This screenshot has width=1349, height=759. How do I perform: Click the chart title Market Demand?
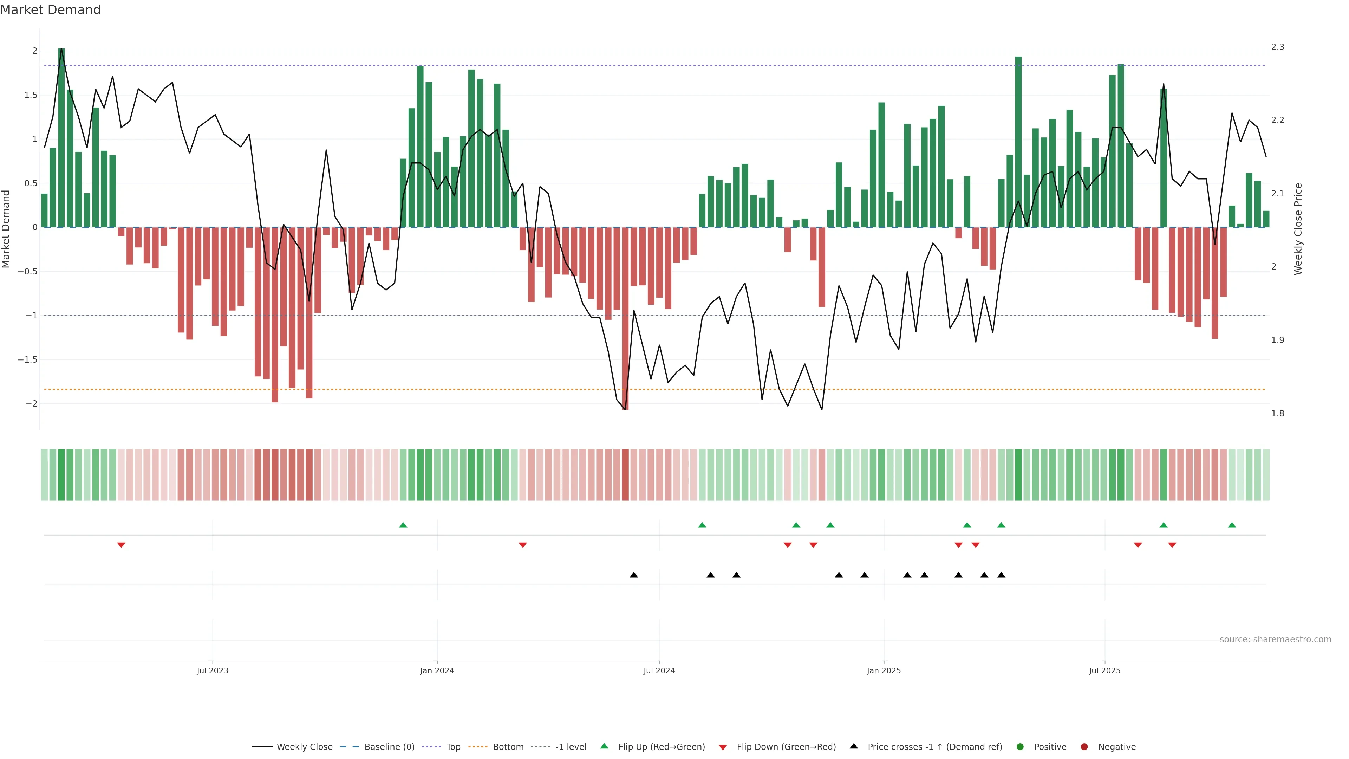point(50,10)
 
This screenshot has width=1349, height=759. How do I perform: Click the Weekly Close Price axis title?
point(1298,229)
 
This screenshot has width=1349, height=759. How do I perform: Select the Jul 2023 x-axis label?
point(212,670)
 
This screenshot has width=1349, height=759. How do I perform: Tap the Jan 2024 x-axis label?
point(437,670)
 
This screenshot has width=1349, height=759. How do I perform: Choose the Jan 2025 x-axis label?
point(884,670)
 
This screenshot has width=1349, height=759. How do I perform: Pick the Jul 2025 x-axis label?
point(1104,670)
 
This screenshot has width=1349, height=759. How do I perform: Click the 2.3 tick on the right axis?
point(1277,47)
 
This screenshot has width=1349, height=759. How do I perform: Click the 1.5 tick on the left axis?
point(30,95)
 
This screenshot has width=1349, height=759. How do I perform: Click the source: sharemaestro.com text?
point(1275,640)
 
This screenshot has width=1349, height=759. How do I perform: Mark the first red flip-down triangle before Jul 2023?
point(121,545)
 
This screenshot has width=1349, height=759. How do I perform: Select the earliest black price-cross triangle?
point(634,575)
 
